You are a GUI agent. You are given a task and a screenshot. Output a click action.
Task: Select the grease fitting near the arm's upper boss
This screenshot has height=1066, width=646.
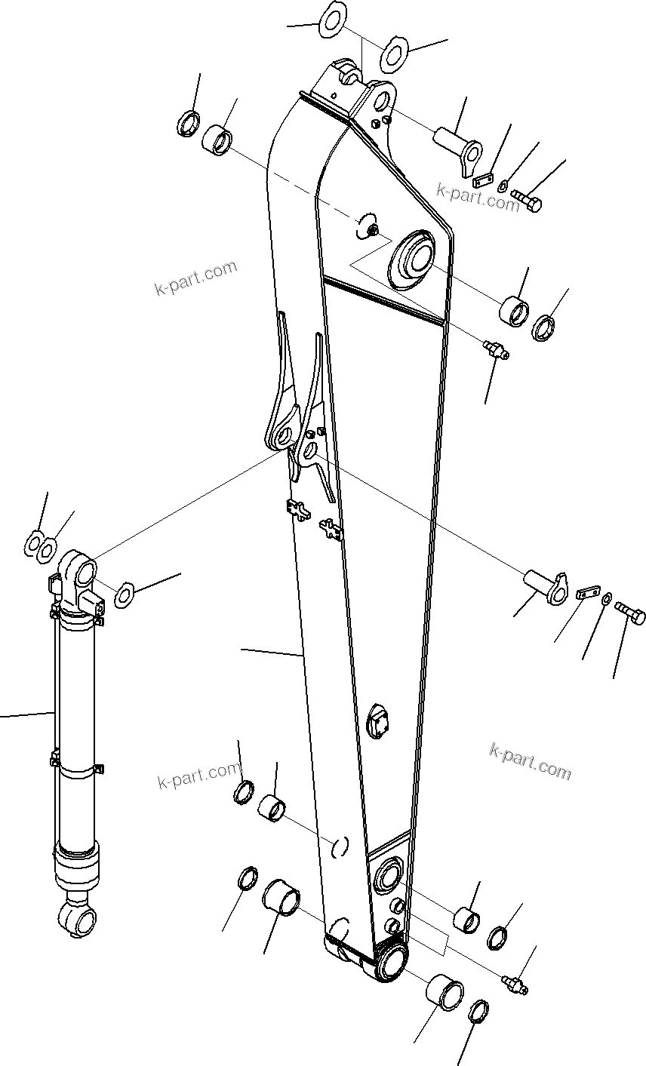point(495,349)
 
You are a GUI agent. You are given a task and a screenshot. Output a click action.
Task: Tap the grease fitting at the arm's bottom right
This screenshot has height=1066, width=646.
point(515,982)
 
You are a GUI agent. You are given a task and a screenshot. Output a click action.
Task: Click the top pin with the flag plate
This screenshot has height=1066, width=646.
point(457,148)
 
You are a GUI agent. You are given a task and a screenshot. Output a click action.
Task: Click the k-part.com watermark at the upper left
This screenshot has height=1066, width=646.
point(195,278)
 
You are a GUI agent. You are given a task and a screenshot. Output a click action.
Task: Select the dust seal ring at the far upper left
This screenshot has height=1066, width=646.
point(188,123)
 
